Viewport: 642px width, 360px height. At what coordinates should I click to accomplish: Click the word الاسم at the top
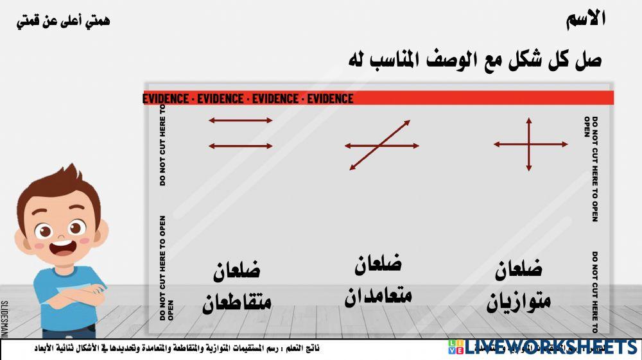(x=587, y=19)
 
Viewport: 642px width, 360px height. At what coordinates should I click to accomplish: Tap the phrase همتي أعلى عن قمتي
(x=63, y=21)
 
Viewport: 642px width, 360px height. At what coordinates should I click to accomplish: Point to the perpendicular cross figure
(x=530, y=144)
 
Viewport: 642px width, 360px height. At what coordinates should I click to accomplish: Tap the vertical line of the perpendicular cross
(x=529, y=128)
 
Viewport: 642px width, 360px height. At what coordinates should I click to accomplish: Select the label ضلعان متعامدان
(x=379, y=279)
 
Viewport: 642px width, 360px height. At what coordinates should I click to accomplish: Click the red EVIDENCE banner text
(x=248, y=99)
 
